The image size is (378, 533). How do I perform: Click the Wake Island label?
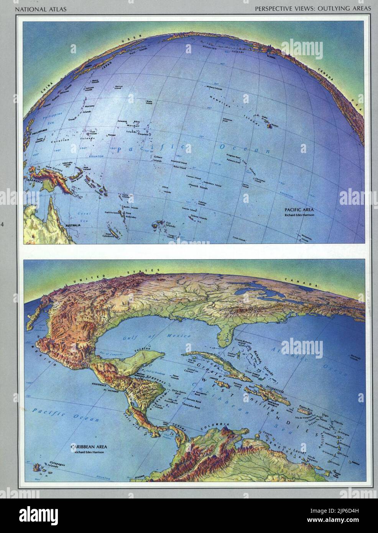point(149,102)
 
